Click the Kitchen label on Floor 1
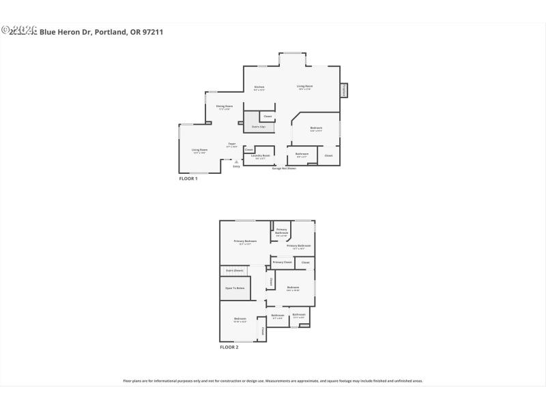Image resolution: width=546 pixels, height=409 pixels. (259, 87)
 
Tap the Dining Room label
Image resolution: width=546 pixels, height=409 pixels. (225, 106)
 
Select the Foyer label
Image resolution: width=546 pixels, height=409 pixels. (232, 143)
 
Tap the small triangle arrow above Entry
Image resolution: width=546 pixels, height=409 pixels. (236, 161)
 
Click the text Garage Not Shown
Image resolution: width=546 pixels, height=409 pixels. (284, 168)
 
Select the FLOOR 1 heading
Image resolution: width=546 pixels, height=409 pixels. (188, 179)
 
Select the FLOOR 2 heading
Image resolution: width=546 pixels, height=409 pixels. (229, 348)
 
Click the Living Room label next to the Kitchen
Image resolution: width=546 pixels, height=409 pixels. (304, 86)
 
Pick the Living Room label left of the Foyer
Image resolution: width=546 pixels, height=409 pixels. (199, 150)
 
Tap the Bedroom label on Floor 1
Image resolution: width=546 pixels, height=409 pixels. (316, 127)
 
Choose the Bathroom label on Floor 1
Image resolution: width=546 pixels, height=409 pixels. (302, 153)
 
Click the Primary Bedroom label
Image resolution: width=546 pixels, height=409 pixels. (245, 241)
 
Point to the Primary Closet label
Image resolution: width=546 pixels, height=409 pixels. (282, 262)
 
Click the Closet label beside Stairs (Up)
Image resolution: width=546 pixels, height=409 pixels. (268, 117)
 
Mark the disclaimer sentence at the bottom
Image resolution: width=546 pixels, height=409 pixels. (273, 381)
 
